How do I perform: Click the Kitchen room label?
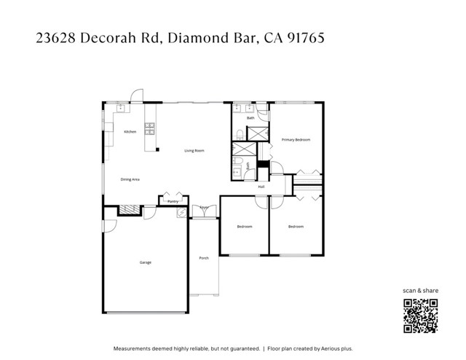point(130,132)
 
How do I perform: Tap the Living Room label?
point(194,151)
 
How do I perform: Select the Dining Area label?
point(130,179)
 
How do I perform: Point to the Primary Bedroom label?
point(296,138)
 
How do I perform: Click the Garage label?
point(146,262)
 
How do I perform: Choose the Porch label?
point(204,258)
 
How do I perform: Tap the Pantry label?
point(173,201)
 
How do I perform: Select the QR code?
point(421,316)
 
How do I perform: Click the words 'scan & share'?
point(421,291)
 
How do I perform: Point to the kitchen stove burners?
point(150,129)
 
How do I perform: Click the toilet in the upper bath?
point(240,133)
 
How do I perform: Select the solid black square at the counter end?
point(157,150)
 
